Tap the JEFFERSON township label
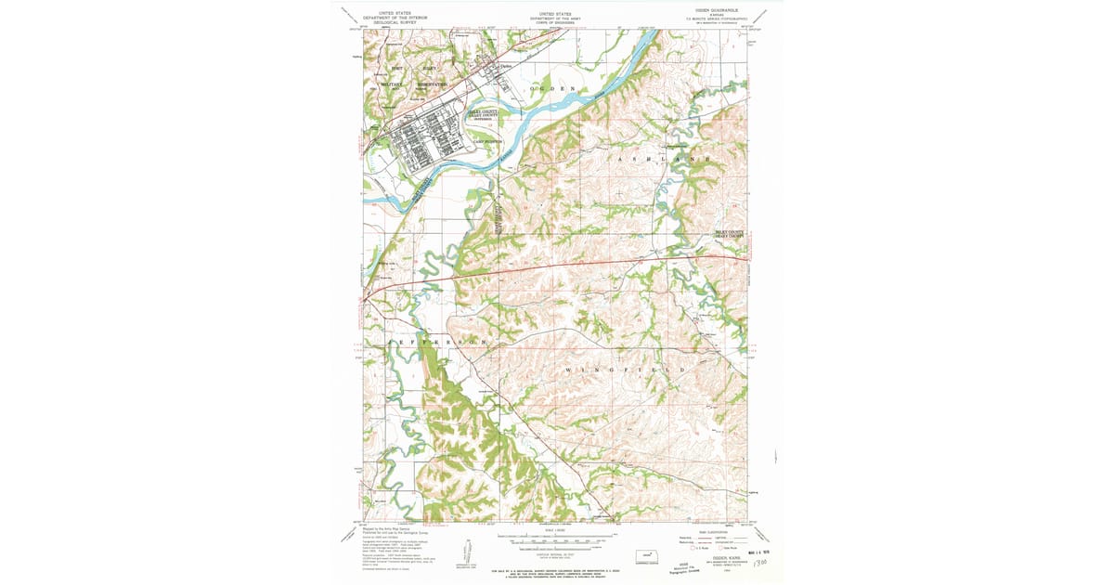coord(442,343)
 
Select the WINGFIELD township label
coord(628,370)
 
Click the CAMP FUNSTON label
coord(486,141)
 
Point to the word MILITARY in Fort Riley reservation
coord(391,84)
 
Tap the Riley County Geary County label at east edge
coord(730,234)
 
